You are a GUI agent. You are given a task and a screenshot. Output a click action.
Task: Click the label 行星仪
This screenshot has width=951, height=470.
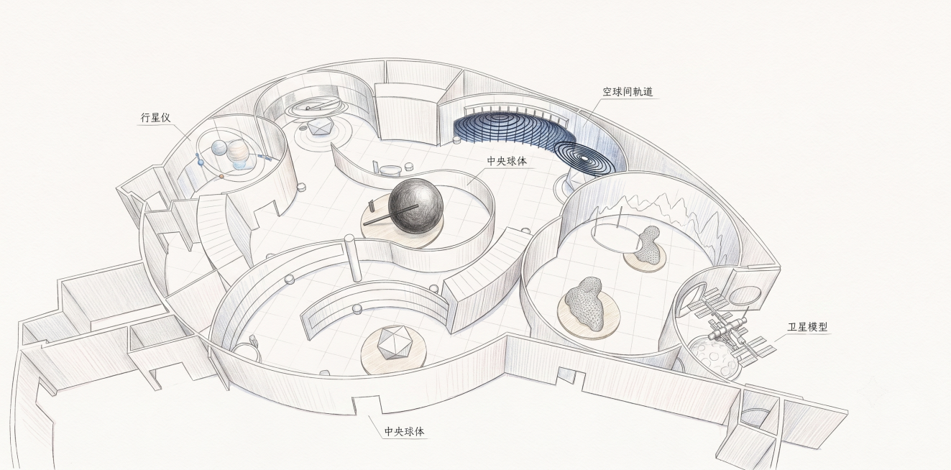[156, 117]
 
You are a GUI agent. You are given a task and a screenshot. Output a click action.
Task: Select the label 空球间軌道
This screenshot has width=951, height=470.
[628, 92]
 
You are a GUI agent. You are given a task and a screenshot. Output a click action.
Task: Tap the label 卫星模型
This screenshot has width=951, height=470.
[807, 326]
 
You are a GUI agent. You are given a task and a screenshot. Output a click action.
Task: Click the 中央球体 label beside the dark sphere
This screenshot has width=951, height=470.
[507, 161]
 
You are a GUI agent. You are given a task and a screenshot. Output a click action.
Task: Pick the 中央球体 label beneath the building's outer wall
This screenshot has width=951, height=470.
[404, 431]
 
